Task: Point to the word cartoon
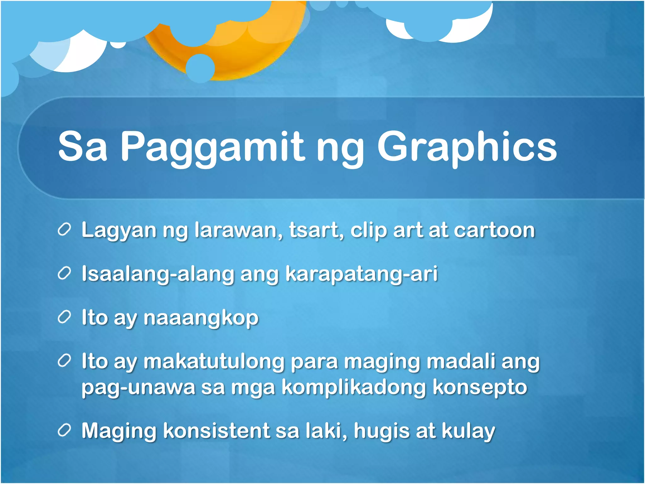tap(494, 230)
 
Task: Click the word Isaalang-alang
tap(158, 274)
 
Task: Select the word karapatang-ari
tap(362, 274)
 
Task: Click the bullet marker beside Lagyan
tap(64, 230)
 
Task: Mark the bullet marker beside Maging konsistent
tap(64, 431)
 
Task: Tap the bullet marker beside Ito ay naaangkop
tap(64, 318)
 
